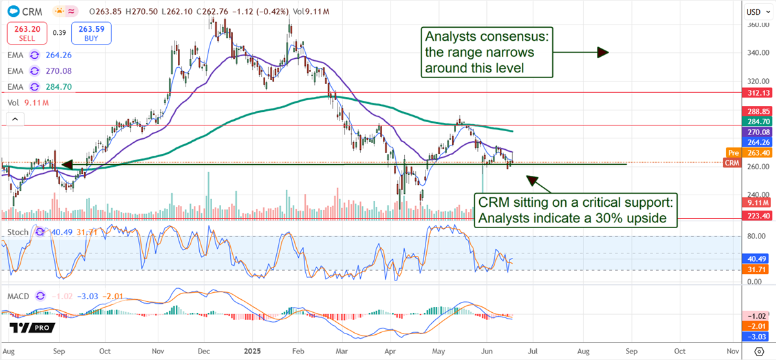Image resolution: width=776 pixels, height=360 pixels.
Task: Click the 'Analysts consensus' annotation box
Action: (486, 52)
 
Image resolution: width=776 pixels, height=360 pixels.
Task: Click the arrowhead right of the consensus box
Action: (602, 52)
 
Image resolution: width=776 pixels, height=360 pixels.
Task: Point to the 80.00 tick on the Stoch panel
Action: (754, 237)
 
